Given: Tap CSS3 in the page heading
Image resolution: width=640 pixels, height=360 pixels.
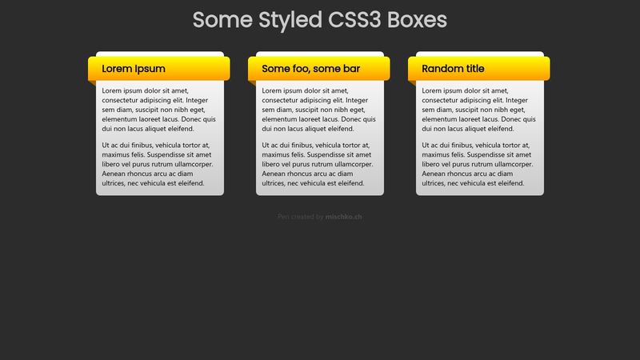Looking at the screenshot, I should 355,20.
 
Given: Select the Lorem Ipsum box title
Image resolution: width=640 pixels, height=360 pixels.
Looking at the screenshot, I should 134,69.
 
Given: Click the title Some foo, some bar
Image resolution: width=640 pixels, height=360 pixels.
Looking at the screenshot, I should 310,69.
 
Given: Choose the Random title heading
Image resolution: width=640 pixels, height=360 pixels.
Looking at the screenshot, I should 453,69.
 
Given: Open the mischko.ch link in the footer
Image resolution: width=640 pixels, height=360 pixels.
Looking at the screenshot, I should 344,217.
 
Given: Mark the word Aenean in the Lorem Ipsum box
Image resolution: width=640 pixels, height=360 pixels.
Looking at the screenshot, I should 115,174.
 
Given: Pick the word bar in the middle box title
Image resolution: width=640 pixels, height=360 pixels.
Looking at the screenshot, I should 351,69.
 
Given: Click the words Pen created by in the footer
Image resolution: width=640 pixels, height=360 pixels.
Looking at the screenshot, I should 300,217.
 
